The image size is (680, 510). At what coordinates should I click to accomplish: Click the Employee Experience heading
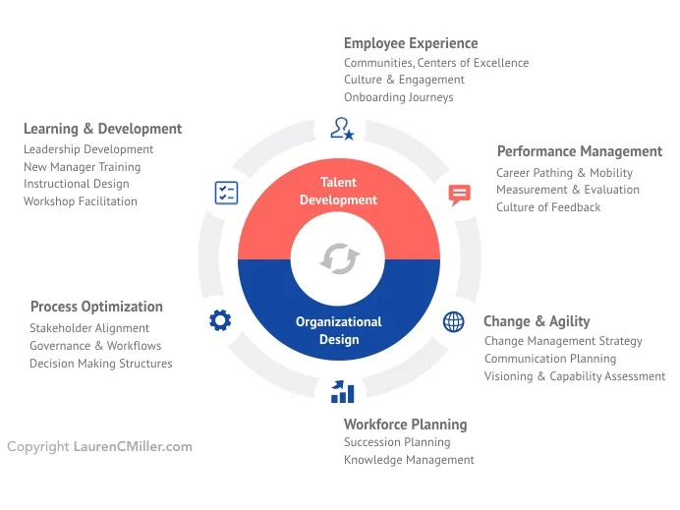click(x=411, y=43)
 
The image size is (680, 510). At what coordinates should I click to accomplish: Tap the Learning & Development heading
click(x=102, y=129)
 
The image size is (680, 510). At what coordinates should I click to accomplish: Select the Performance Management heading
click(x=579, y=151)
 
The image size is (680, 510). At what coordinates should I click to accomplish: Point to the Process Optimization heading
click(x=96, y=307)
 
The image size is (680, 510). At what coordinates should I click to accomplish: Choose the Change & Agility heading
click(x=537, y=321)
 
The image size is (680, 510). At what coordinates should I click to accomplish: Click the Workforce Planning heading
click(x=405, y=425)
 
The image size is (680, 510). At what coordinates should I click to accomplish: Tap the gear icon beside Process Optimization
click(x=220, y=319)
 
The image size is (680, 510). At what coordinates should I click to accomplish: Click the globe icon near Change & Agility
click(x=454, y=321)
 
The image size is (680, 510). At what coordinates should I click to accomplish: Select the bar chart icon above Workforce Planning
click(x=342, y=392)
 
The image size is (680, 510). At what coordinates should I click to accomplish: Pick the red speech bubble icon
click(x=459, y=194)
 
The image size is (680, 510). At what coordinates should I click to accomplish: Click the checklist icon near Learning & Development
click(x=226, y=193)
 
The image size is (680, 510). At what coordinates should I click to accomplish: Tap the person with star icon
click(x=342, y=128)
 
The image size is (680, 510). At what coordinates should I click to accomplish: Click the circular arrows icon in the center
click(x=340, y=258)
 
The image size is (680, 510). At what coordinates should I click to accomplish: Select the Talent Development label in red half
click(x=339, y=191)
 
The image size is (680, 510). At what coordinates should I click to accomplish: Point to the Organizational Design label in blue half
click(x=339, y=330)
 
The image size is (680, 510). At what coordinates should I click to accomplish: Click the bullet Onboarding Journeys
click(x=398, y=97)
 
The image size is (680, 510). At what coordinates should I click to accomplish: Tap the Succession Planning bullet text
click(x=396, y=442)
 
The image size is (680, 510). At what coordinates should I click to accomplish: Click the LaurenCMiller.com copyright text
click(x=133, y=447)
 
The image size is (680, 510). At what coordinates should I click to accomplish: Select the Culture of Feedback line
click(x=547, y=207)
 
